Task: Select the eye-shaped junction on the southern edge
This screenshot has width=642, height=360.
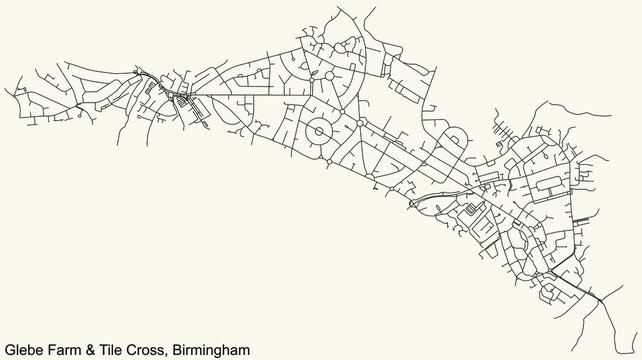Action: pyautogui.click(x=414, y=202)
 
